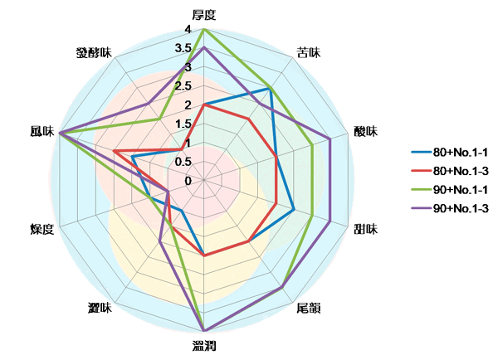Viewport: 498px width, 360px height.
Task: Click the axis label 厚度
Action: (204, 14)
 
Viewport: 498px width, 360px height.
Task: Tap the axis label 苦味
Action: (308, 52)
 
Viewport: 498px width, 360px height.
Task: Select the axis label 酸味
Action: (365, 131)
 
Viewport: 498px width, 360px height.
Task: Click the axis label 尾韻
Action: (308, 308)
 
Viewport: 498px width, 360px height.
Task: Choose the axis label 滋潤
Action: (204, 346)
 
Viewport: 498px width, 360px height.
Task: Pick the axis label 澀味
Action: (100, 308)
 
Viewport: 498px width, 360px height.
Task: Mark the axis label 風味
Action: (41, 131)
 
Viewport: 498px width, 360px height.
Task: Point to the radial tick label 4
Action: (188, 30)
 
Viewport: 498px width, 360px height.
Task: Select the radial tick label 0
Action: (188, 181)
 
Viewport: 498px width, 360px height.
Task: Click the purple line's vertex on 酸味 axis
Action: (330, 139)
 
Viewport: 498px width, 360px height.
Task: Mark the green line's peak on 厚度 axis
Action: (204, 29)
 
